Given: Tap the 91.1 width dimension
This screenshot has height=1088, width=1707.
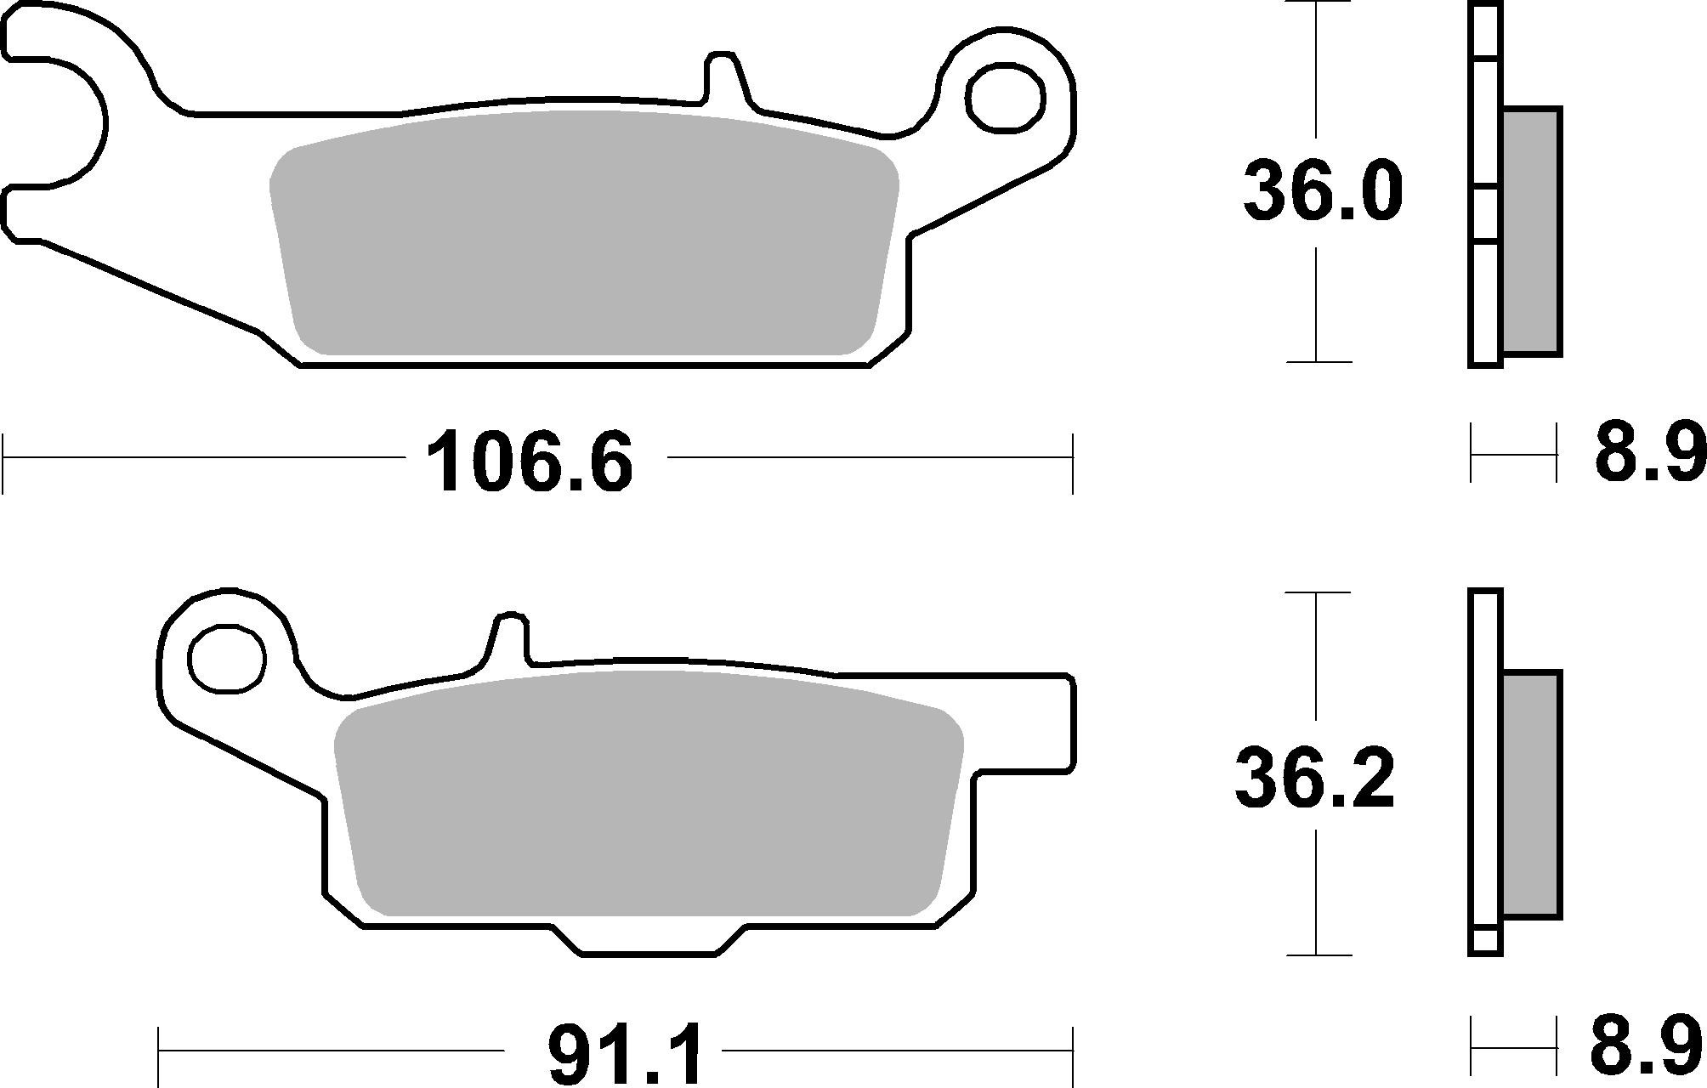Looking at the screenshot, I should coord(627,1054).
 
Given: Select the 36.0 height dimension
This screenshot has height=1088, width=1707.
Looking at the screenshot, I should coord(1322,193).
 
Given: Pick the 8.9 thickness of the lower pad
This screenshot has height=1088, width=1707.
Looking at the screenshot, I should coord(1647,1051).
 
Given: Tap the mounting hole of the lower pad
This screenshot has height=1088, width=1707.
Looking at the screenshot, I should coord(227,659).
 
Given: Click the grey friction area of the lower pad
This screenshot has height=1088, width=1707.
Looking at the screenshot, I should coord(648,795).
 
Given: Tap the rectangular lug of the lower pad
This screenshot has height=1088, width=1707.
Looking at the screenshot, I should coord(1037,722).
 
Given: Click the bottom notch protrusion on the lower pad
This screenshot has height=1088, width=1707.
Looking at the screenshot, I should coord(650,938).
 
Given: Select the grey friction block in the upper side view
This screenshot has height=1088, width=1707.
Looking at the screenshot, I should coord(1532,242).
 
